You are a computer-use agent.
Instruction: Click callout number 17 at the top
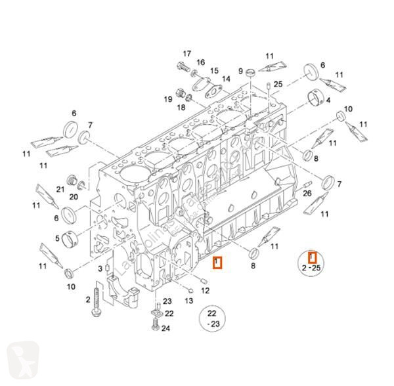pos(186,53)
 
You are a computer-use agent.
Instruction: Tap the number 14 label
pos(227,79)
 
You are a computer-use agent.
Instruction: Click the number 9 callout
pos(241,72)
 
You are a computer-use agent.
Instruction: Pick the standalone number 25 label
pos(278,84)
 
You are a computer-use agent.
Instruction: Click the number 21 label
pos(60,189)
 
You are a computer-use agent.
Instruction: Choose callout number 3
pos(100,270)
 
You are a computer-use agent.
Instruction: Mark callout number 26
pos(307,194)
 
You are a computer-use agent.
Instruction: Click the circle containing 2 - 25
pos(313,263)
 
